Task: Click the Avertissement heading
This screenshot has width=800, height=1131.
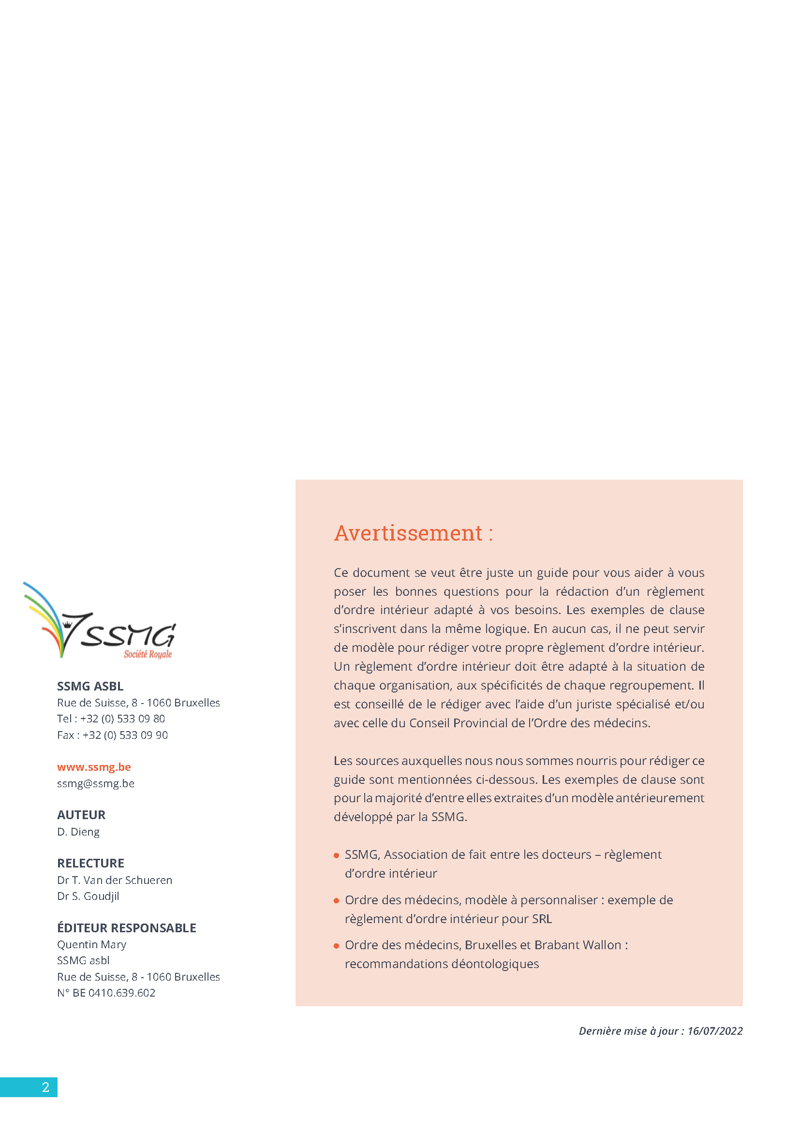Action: pyautogui.click(x=413, y=533)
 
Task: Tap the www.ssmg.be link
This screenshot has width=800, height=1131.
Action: pyautogui.click(x=94, y=767)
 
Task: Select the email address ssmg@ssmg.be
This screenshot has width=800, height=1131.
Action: pyautogui.click(x=96, y=783)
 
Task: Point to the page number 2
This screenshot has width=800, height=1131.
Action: pyautogui.click(x=45, y=1087)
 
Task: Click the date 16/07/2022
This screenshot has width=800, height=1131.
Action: pyautogui.click(x=715, y=1031)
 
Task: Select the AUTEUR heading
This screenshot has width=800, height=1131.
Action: pyautogui.click(x=81, y=815)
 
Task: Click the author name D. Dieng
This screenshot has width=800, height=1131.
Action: pyautogui.click(x=78, y=832)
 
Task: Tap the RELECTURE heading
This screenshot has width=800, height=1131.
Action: pyautogui.click(x=90, y=863)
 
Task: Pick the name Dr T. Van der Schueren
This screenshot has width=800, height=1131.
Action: pyautogui.click(x=115, y=880)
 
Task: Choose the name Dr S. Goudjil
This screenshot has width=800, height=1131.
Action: pyautogui.click(x=88, y=896)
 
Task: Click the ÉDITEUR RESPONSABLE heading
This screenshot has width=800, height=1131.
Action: pyautogui.click(x=127, y=927)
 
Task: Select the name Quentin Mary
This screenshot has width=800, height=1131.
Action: pyautogui.click(x=91, y=944)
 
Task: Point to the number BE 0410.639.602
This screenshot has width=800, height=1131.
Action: pyautogui.click(x=114, y=993)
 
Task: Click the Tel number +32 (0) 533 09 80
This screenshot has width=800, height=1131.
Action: pyautogui.click(x=123, y=719)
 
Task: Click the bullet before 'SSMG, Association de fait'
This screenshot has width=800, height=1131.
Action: pyautogui.click(x=337, y=856)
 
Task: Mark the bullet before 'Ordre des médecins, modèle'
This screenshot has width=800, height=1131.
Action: pyautogui.click(x=337, y=901)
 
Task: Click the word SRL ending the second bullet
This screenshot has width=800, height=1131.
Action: pyautogui.click(x=542, y=919)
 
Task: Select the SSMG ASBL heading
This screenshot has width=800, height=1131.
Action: pyautogui.click(x=90, y=686)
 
